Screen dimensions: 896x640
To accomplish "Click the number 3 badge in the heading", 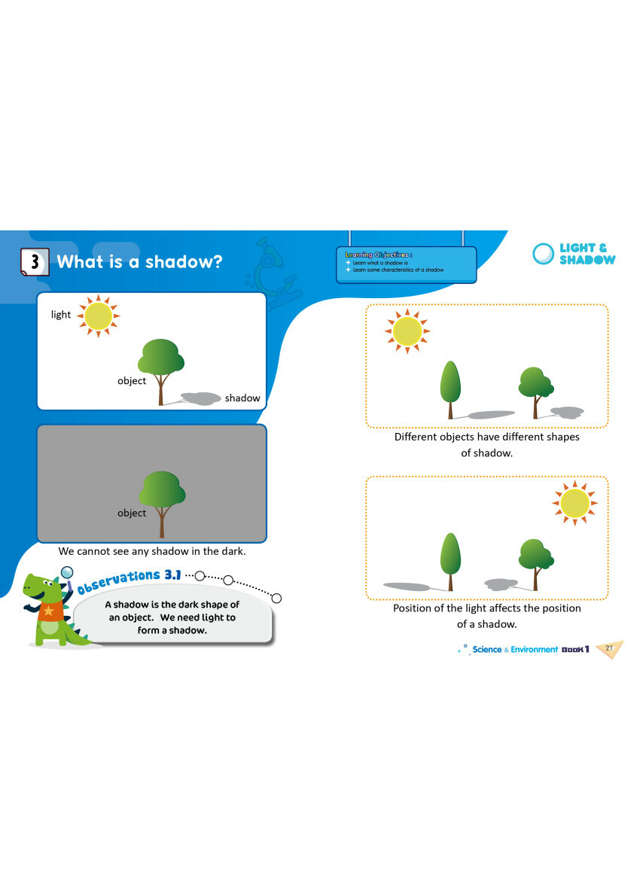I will [x=35, y=261].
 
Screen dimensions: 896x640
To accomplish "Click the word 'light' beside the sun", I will [x=61, y=315].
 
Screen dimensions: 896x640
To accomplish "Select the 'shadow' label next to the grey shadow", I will [x=242, y=398].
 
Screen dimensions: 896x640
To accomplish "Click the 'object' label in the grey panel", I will [x=132, y=513].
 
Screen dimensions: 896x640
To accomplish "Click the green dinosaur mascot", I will [x=49, y=610].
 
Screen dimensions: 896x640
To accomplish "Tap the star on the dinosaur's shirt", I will [x=50, y=610].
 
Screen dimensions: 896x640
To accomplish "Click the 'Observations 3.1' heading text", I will [x=130, y=579].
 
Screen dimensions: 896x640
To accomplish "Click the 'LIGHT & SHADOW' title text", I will [x=587, y=254].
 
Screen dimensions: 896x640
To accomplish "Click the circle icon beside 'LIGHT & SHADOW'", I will [x=543, y=254].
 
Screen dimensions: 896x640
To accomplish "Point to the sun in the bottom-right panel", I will [x=575, y=502].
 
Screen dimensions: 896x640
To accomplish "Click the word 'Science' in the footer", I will [x=486, y=649].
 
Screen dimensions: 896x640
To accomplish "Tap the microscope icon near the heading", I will [x=273, y=266].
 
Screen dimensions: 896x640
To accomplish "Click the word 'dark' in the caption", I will [x=232, y=551].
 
